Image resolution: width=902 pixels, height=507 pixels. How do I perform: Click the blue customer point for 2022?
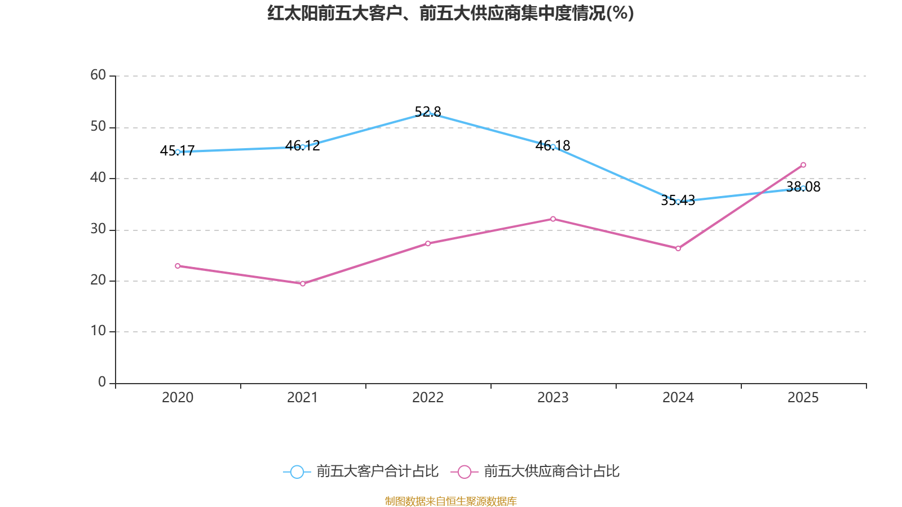[428, 113]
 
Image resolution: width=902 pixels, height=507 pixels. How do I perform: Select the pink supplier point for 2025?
[803, 165]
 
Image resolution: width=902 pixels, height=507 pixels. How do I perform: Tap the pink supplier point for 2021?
[303, 283]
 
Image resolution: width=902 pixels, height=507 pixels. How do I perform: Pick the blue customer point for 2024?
[678, 202]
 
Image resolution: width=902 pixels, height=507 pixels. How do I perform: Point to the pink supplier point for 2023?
[553, 219]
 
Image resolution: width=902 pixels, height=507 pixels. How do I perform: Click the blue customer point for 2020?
[178, 152]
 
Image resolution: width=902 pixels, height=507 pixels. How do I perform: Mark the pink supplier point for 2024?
[678, 248]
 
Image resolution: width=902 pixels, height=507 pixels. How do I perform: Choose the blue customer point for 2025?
[803, 188]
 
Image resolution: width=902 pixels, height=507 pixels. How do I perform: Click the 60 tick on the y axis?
[98, 75]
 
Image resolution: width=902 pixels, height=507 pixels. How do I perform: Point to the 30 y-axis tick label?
[98, 229]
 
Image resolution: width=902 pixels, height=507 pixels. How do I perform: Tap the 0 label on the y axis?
[102, 383]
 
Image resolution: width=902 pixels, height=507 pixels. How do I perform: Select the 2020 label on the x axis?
[178, 398]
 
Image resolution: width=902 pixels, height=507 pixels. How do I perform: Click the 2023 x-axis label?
[553, 398]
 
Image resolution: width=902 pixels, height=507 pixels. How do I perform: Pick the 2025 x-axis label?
[803, 398]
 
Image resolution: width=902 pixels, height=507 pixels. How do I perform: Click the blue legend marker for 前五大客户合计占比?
[297, 472]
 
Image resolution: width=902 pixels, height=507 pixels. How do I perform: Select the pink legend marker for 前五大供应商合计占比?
[465, 472]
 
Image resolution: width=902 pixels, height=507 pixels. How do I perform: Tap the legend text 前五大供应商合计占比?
[551, 472]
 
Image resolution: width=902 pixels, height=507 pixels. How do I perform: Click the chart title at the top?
[450, 13]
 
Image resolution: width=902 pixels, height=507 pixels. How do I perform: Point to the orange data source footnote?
[450, 501]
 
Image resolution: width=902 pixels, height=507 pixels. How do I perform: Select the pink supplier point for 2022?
[428, 243]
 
